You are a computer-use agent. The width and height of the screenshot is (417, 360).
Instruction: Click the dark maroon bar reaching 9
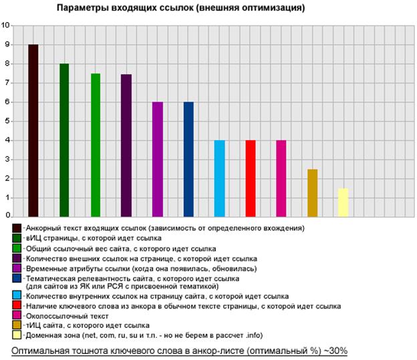click(x=33, y=130)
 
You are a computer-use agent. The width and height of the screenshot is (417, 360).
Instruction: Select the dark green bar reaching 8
click(x=64, y=140)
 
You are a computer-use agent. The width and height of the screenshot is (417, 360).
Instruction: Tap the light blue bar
click(x=219, y=178)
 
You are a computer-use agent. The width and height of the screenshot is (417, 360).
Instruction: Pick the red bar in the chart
click(x=251, y=178)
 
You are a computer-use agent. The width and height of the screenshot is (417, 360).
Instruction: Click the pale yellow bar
click(x=343, y=202)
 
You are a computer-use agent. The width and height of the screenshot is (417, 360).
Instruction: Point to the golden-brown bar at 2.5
click(x=312, y=193)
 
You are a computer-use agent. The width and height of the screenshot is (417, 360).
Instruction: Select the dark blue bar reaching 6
click(x=188, y=159)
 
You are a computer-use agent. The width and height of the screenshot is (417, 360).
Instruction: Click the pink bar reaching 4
click(x=281, y=178)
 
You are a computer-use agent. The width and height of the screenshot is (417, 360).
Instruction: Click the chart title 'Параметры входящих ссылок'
click(x=180, y=9)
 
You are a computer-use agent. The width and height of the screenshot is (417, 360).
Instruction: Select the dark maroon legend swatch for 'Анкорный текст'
click(x=17, y=228)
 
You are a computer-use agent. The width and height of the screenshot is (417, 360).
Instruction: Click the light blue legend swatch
click(x=17, y=295)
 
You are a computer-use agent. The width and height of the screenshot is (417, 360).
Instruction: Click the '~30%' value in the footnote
click(x=332, y=351)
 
